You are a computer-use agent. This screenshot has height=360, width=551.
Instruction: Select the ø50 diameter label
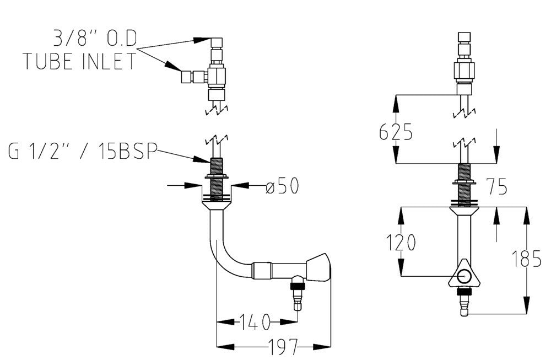(282, 186)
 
